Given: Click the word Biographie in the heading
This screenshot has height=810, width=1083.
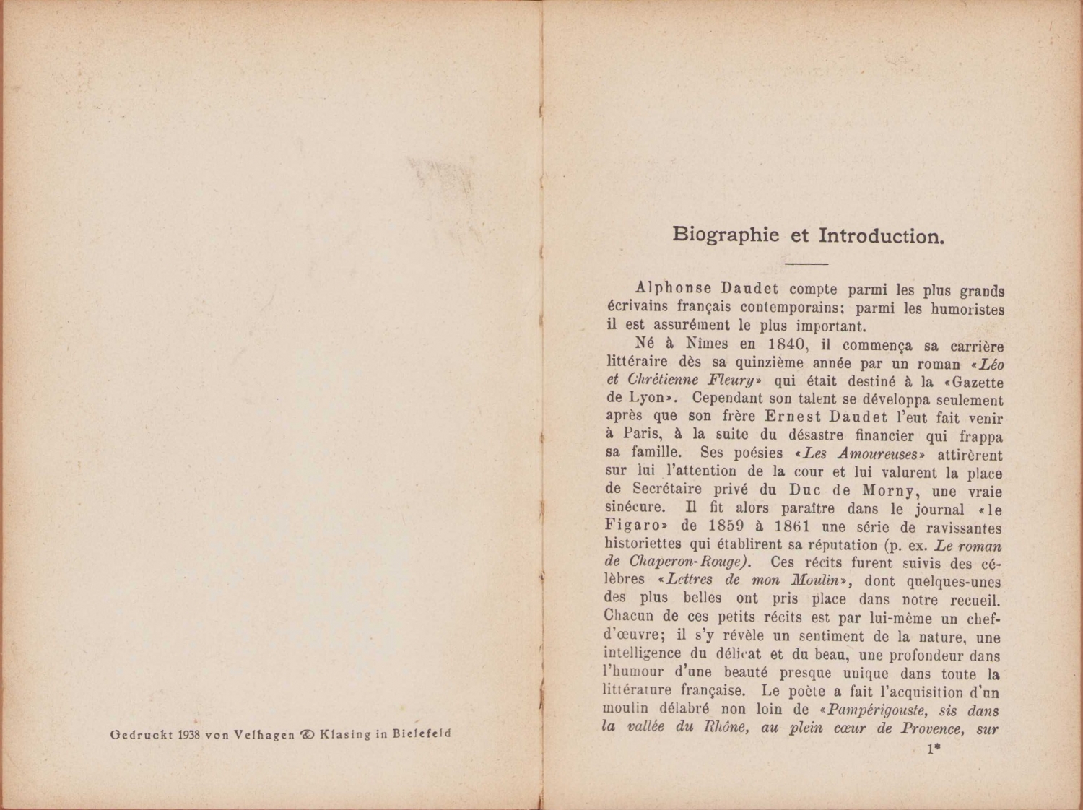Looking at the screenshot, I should coord(716,235).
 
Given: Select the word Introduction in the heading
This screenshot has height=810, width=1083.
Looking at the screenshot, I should coord(881,236).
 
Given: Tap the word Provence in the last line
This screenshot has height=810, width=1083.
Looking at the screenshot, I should coord(932,728).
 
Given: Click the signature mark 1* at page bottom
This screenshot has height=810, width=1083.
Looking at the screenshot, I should coord(932,749).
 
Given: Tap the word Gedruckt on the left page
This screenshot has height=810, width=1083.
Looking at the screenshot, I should coord(140,735).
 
